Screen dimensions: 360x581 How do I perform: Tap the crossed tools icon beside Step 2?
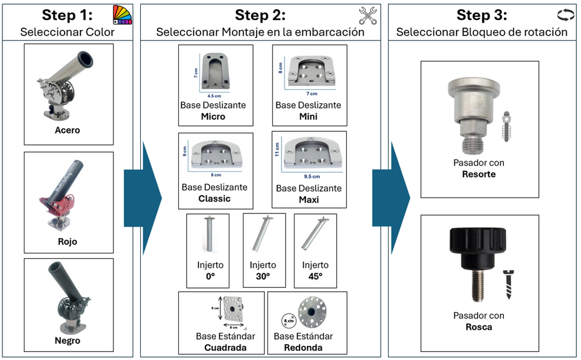369,15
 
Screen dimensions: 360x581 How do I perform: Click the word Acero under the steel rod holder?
68,130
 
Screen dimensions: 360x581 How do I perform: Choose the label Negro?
68,341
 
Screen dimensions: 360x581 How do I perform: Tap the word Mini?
308,116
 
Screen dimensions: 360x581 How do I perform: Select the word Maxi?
309,199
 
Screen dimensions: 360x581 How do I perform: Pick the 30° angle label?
263,278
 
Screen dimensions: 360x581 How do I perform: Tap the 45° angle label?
315,278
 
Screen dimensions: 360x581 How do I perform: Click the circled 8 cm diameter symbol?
288,320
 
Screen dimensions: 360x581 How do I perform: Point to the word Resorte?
479,174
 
